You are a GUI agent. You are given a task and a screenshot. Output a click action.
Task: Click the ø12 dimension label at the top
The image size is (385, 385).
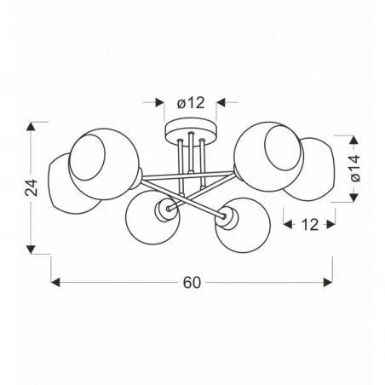[x=191, y=103]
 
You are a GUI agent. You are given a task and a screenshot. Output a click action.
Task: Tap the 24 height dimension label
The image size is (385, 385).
[x=32, y=187]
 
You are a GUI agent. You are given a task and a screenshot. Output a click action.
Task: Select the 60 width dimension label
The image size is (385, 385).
[x=192, y=283]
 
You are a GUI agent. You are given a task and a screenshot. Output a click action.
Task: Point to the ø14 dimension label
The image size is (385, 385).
[x=355, y=168]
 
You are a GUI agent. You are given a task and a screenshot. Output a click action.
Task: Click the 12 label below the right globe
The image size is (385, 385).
[x=309, y=225]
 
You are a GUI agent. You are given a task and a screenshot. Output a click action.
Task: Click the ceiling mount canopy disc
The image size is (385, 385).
[x=191, y=132]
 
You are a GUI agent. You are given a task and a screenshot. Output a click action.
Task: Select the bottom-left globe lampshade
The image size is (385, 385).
[x=152, y=217]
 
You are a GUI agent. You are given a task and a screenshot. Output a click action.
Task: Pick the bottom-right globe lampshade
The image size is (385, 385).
[x=243, y=225]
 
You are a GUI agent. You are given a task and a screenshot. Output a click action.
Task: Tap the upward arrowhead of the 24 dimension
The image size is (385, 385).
[x=31, y=126]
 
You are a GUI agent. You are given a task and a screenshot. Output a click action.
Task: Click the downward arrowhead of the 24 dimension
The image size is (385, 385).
[x=31, y=250]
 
